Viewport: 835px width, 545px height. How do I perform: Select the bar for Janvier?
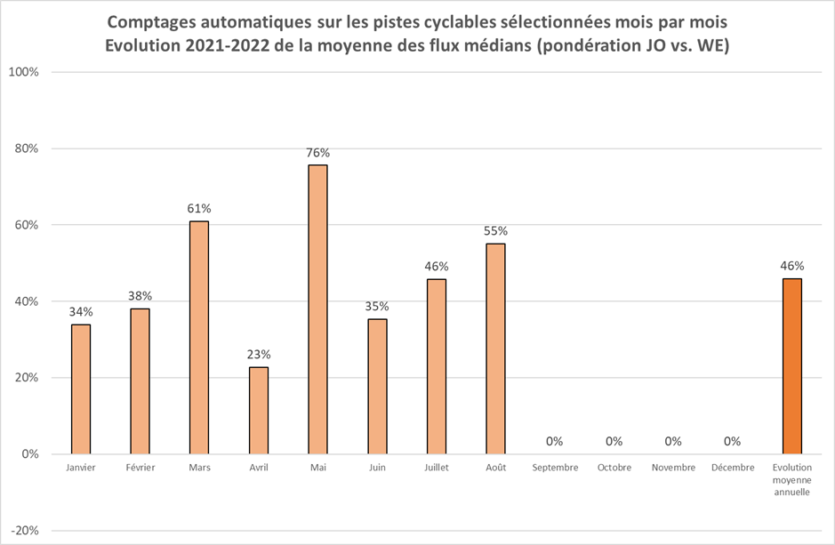tap(81, 389)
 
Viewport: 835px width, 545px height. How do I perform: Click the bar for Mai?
tap(317, 309)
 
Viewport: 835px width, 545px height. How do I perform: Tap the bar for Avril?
tap(259, 410)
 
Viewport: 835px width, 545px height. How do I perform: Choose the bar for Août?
tap(495, 349)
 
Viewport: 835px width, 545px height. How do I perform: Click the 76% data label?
tap(317, 153)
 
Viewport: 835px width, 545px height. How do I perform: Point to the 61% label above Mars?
tap(199, 209)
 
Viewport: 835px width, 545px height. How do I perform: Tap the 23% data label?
tap(259, 355)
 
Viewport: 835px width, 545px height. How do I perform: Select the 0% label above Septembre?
tap(555, 441)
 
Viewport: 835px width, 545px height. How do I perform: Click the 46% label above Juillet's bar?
tap(437, 267)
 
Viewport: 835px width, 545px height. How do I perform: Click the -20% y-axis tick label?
tap(24, 531)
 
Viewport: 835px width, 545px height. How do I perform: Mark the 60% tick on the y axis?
tap(25, 225)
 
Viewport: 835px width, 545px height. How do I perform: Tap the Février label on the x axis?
tap(140, 468)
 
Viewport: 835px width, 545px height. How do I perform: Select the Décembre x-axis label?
tap(733, 468)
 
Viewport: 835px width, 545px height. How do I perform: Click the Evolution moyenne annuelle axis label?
tap(791, 479)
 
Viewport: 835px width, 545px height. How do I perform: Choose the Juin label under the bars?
tap(377, 468)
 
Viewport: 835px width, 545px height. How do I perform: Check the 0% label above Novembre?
tap(673, 441)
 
